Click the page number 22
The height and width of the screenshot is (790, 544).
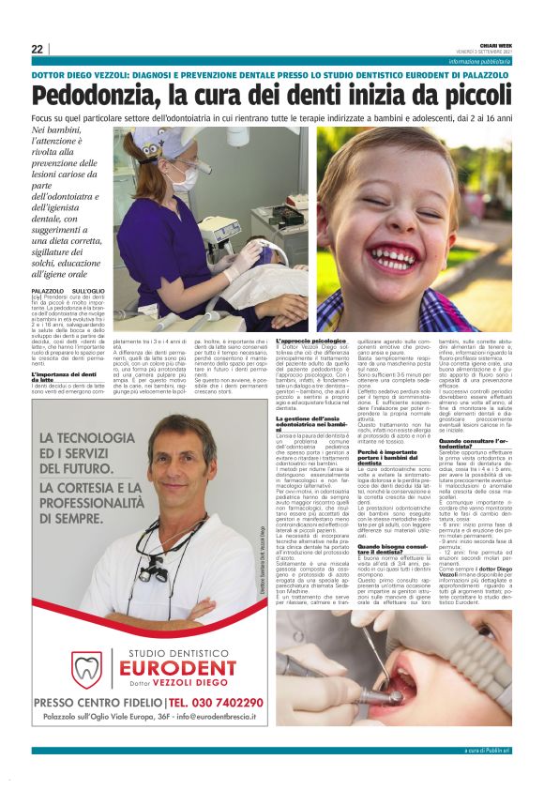pos(37,49)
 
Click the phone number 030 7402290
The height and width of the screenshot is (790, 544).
pos(226,703)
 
